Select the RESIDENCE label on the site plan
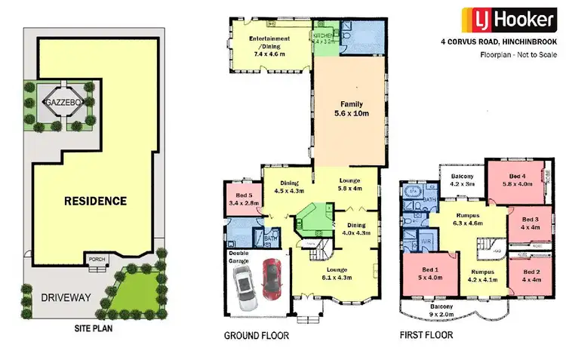pyautogui.click(x=94, y=202)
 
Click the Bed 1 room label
pyautogui.click(x=429, y=273)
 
